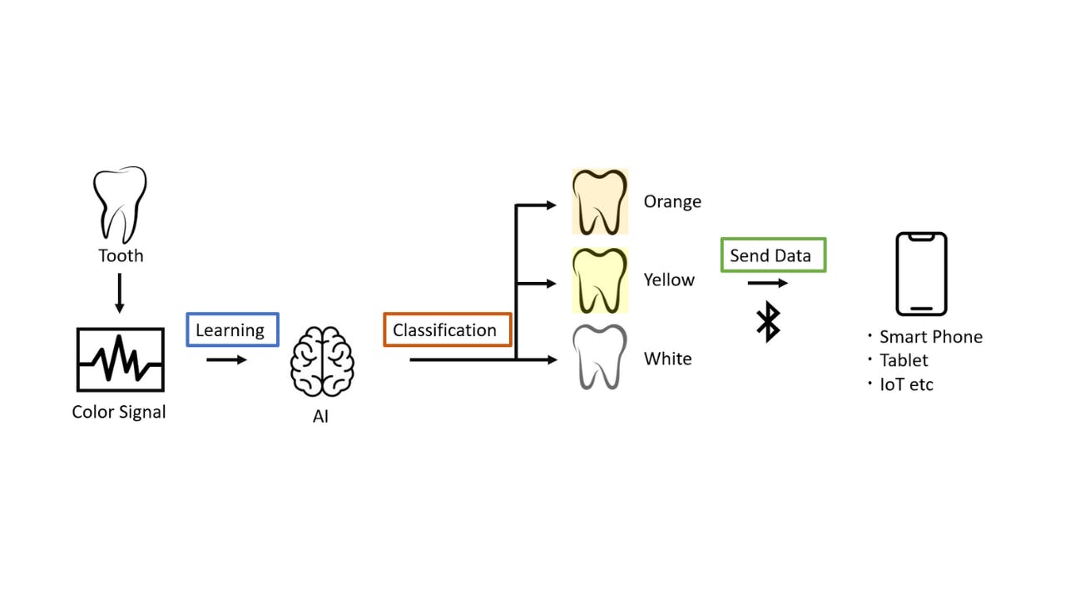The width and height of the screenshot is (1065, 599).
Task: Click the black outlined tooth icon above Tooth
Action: click(x=120, y=203)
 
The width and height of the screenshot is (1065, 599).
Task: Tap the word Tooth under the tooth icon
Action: click(x=121, y=255)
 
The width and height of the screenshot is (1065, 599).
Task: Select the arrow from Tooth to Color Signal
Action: click(x=120, y=292)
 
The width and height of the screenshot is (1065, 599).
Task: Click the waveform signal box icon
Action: click(x=120, y=359)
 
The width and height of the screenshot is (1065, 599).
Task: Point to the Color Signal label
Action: click(x=119, y=412)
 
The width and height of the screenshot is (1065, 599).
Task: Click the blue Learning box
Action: click(x=232, y=329)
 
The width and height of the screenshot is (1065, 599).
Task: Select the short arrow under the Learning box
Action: click(x=226, y=359)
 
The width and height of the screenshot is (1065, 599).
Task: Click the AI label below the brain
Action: click(x=320, y=416)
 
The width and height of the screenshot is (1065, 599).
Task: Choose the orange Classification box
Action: click(x=447, y=329)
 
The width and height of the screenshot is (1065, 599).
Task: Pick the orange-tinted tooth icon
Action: click(x=599, y=202)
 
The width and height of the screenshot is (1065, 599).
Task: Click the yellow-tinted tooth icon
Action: click(x=599, y=280)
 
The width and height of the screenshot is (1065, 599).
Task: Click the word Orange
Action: click(x=672, y=201)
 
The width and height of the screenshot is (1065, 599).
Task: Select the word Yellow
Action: click(x=669, y=280)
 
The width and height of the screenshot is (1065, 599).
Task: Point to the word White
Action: click(x=668, y=359)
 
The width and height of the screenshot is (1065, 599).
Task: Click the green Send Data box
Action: click(x=773, y=255)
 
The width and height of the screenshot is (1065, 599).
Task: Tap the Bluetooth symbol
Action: click(x=768, y=322)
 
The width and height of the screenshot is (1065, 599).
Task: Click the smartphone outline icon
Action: click(x=921, y=274)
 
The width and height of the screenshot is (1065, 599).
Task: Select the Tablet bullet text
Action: click(x=904, y=360)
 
